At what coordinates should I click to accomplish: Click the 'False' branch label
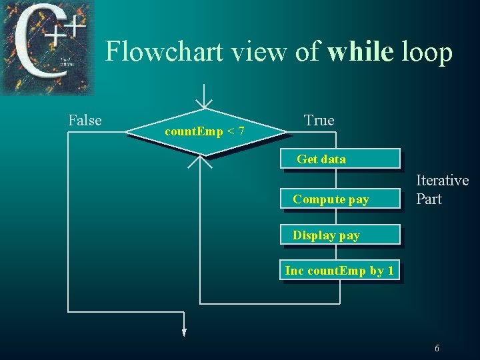(85, 121)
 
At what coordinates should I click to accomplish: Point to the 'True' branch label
(319, 121)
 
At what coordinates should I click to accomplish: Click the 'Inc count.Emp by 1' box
(340, 271)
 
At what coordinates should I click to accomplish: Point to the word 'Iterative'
(442, 181)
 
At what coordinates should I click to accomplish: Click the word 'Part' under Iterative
(429, 199)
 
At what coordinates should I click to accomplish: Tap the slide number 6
(437, 349)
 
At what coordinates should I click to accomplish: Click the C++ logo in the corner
(47, 47)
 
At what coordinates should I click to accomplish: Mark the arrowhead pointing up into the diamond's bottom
(201, 161)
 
